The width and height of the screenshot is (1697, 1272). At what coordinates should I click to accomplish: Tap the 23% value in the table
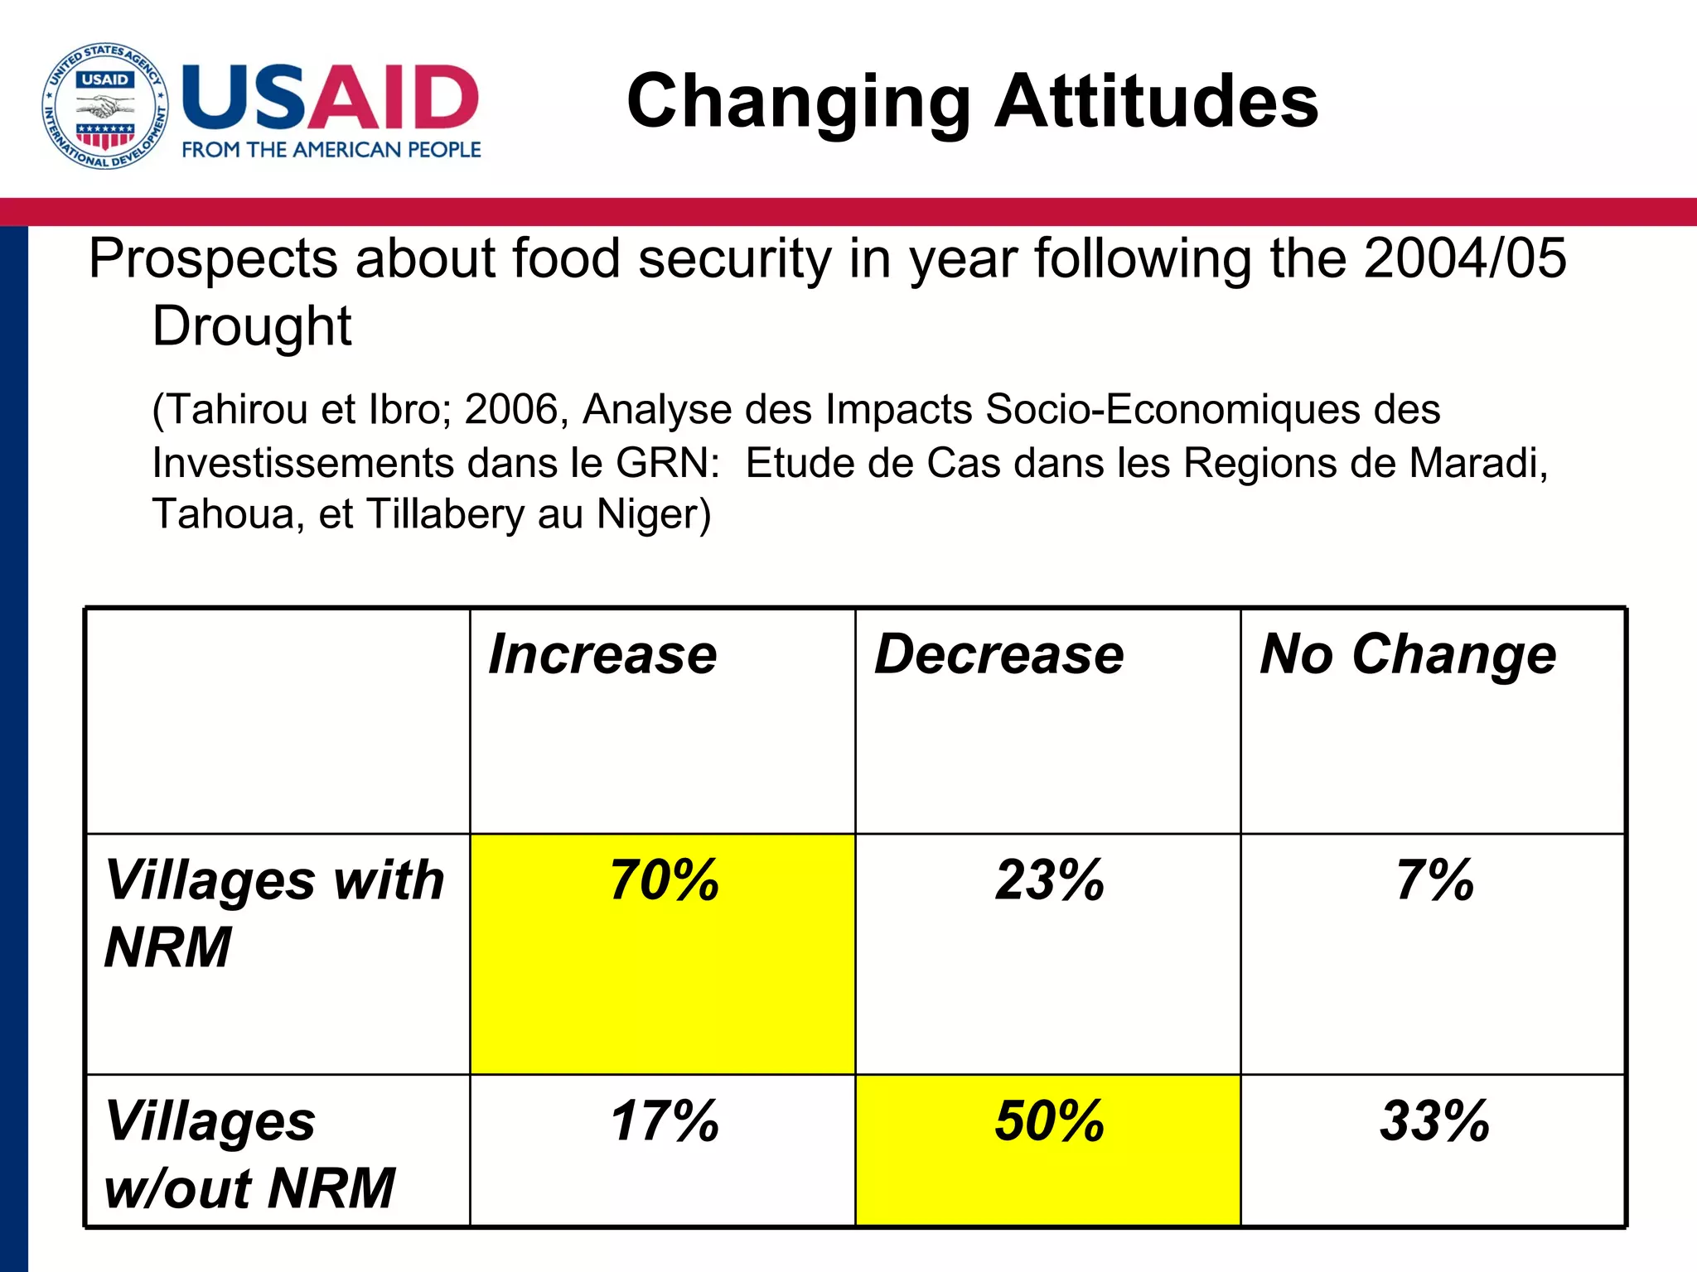pos(1049,881)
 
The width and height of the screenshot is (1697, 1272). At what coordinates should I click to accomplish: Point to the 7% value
pos(1434,881)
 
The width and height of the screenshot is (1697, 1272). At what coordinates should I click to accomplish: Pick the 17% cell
pos(664,1122)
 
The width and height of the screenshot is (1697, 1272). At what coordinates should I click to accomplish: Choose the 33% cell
pos(1434,1122)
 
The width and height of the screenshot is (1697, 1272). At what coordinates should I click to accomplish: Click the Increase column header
pos(602,655)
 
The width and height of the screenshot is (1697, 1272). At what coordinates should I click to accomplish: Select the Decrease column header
pos(998,655)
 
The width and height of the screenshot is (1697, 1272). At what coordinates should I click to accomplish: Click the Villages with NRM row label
pos(273,913)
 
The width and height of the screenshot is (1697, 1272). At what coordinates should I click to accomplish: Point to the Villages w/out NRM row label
pos(249,1154)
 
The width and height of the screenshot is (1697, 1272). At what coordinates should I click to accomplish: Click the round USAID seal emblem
pos(105,106)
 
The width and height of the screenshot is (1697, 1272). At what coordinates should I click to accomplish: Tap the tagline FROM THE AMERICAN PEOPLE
pos(331,150)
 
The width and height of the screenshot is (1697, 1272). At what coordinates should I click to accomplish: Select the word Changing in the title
pos(799,103)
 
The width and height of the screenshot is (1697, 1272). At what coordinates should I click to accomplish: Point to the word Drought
pos(252,326)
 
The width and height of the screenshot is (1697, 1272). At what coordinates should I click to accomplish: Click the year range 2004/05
pos(1465,258)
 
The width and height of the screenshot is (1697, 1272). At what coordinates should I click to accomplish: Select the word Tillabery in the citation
pos(445,514)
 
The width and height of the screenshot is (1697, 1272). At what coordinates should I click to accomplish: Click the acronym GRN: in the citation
pos(668,463)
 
